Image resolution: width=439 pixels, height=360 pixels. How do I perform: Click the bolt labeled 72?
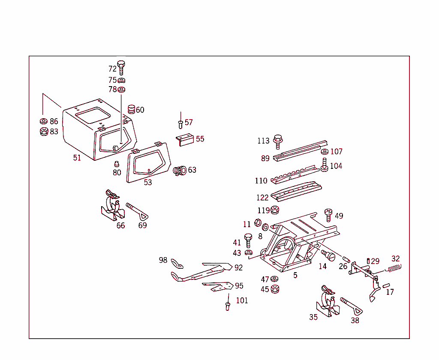[x=121, y=67]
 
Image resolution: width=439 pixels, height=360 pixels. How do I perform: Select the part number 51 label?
[x=77, y=158]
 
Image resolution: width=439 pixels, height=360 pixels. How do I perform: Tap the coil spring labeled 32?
[x=394, y=268]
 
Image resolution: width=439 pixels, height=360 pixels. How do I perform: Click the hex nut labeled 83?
[x=43, y=131]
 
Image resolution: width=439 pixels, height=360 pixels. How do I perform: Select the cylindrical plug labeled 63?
[x=179, y=171]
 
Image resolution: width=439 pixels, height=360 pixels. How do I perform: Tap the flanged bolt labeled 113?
[x=277, y=141]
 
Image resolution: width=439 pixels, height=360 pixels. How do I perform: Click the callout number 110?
[x=261, y=181]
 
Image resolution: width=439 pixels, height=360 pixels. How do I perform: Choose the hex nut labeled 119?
[x=275, y=210]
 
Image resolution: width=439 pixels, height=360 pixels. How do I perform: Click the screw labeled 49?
[x=328, y=214]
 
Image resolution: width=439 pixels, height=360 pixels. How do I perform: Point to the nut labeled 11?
[x=258, y=223]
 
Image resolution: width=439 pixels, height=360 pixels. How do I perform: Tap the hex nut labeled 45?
[x=275, y=289]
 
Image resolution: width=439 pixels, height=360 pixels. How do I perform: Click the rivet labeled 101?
[x=228, y=306]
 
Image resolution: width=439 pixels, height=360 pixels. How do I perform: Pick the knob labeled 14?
[x=330, y=255]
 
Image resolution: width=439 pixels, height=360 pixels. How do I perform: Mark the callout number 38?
[x=355, y=320]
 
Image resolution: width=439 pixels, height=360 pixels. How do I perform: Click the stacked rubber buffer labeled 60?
[x=131, y=110]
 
